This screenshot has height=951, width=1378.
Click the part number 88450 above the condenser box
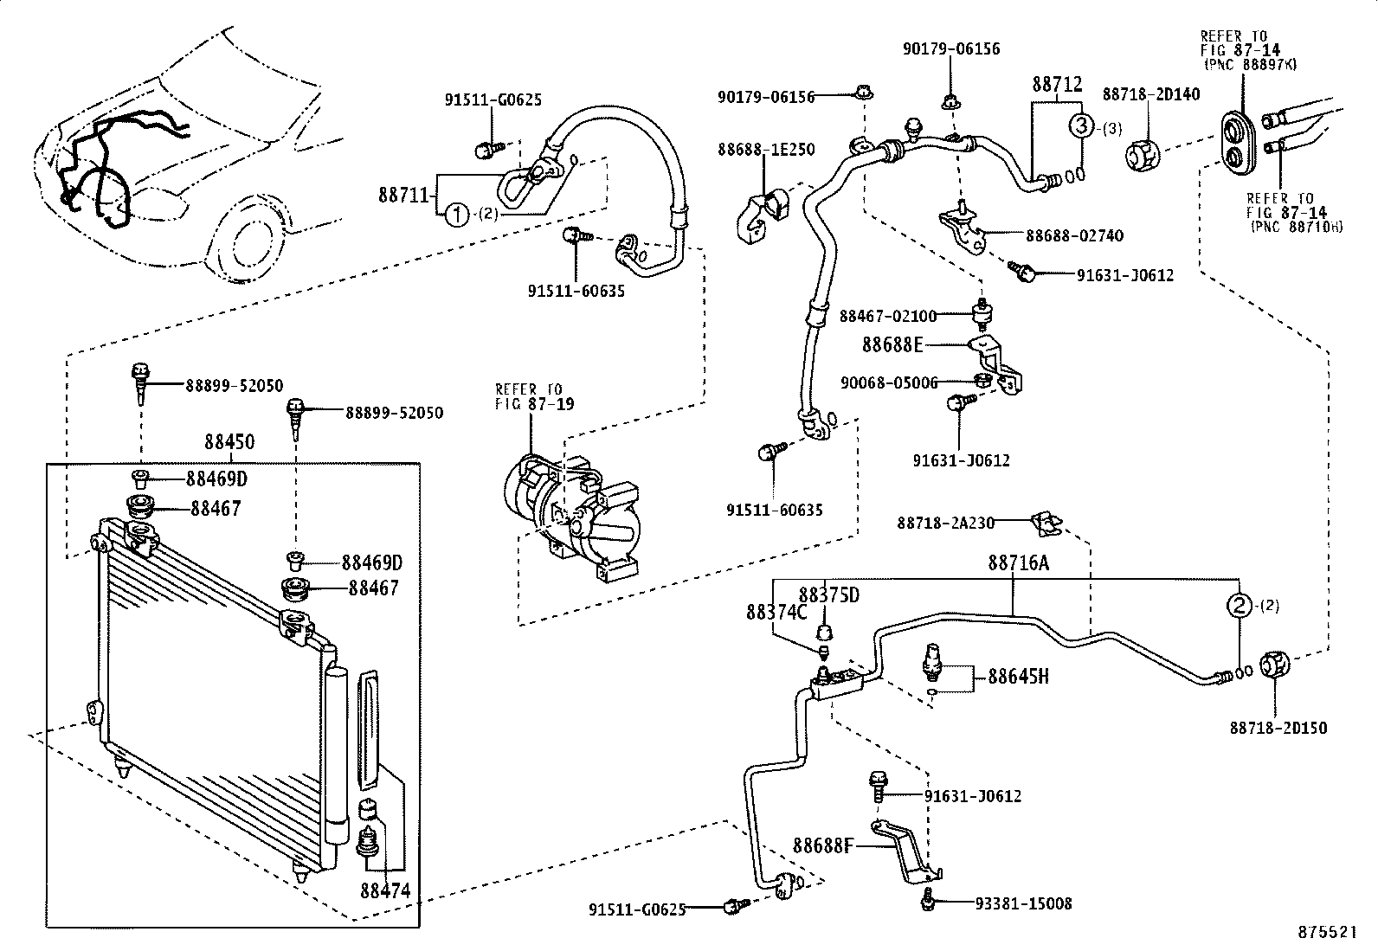229,441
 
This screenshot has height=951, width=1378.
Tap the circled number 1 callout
457,215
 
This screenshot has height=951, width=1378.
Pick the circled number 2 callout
1240,605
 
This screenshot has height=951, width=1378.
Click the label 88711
403,195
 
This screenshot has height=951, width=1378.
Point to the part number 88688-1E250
766,150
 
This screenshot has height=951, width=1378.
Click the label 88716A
1019,562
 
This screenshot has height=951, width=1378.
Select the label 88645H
1018,677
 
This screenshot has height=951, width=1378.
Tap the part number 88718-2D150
1278,728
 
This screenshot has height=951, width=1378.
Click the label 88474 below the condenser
385,890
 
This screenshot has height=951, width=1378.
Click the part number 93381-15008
1023,903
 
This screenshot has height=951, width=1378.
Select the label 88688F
823,846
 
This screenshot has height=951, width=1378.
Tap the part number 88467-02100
888,316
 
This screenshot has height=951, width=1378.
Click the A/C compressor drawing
572,517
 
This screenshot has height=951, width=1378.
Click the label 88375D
828,594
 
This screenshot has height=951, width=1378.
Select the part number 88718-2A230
945,523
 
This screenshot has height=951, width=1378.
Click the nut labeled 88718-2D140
1143,155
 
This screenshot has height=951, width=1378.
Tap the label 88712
1057,84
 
